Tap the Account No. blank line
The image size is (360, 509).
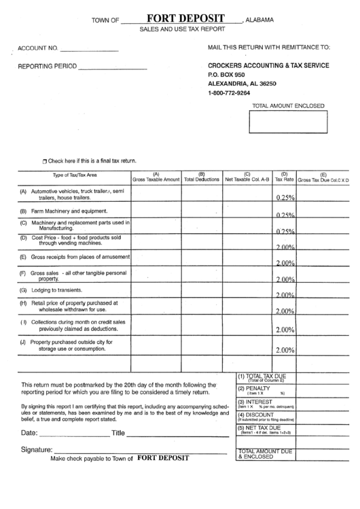[89, 52]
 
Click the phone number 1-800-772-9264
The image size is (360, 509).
[229, 92]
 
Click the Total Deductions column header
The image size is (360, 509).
[202, 177]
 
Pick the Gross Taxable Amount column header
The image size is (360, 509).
[156, 177]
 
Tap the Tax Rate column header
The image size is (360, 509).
[285, 177]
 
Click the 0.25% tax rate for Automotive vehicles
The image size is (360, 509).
[285, 198]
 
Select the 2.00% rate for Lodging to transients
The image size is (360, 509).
[285, 295]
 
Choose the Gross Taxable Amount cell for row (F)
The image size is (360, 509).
[156, 275]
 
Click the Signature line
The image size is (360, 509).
[140, 451]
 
